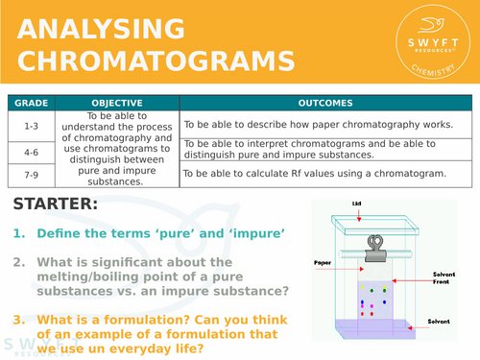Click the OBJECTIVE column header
tap(116, 104)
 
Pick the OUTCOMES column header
tap(324, 104)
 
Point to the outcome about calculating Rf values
tap(315, 174)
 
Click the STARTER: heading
tap(55, 204)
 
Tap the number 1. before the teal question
tap(18, 234)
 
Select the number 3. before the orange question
tap(18, 319)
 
